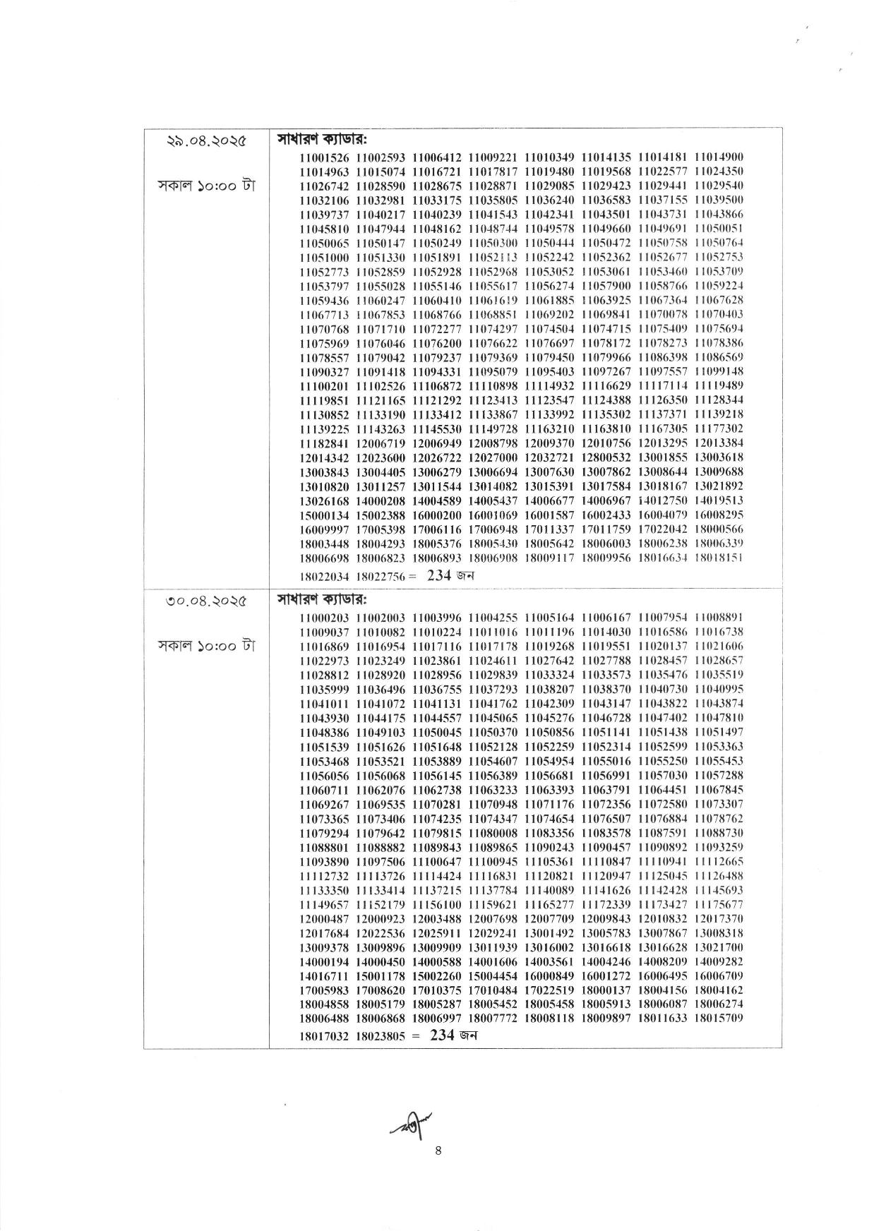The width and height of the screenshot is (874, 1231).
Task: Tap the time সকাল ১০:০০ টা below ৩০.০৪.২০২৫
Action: click(x=205, y=646)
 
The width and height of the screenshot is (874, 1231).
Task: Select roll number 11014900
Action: click(x=719, y=157)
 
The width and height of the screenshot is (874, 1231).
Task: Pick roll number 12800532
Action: click(x=606, y=457)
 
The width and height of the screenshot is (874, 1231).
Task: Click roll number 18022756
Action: click(x=380, y=576)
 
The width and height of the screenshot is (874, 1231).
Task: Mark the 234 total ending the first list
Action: click(x=438, y=575)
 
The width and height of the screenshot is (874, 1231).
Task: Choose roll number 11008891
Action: click(x=719, y=618)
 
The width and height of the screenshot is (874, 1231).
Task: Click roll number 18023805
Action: click(x=380, y=1037)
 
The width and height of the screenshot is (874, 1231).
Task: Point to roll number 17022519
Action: click(x=549, y=990)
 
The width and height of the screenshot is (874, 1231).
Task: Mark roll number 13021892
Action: click(x=719, y=486)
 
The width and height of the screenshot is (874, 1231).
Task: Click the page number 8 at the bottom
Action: click(x=438, y=1151)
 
